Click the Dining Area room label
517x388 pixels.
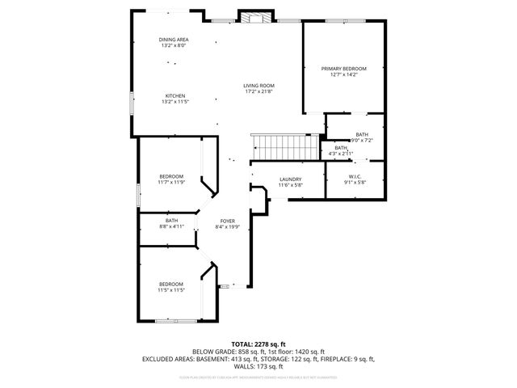pos(174,40)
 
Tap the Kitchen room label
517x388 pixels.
pos(174,95)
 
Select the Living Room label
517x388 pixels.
pos(259,86)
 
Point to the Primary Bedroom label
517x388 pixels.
pos(343,69)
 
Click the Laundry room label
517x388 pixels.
pos(290,179)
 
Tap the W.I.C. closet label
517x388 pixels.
pos(355,177)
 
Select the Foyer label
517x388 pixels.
pos(227,221)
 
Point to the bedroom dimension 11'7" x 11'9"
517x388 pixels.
pos(171,183)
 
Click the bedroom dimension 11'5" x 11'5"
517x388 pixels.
pos(171,290)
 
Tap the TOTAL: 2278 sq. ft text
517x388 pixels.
pos(258,344)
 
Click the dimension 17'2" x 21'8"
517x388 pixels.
pos(259,91)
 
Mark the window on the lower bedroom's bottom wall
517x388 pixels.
pos(175,322)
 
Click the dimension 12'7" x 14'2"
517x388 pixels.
pos(343,74)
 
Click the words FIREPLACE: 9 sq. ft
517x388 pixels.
pos(345,357)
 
